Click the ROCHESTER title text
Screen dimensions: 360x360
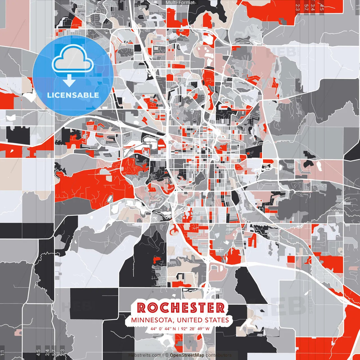pos(181,308)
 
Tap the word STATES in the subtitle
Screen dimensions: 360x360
pos(217,320)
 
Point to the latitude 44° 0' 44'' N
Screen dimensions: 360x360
pos(163,329)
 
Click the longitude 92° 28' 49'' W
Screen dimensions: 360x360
pos(195,329)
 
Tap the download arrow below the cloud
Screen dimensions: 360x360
pos(69,80)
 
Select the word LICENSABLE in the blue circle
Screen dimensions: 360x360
pos(73,95)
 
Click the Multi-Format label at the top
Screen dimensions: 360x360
pos(180,3)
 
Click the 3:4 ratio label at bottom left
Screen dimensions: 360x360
pos(47,353)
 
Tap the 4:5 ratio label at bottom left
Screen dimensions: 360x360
pos(38,353)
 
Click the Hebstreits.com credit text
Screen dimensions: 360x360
pos(145,355)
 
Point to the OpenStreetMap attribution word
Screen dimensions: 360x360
pos(187,355)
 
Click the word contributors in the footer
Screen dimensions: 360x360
pos(218,355)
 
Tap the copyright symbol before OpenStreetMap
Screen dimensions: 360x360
pos(167,355)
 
